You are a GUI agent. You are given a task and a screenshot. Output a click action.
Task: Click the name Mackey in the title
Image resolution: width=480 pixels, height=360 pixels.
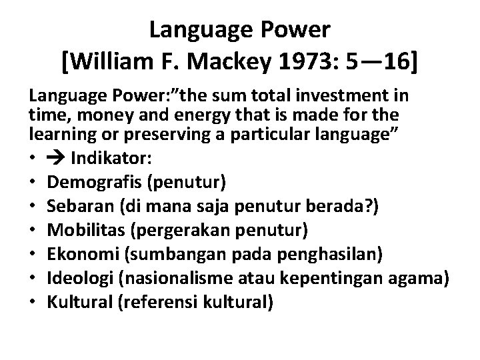tap(225, 65)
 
